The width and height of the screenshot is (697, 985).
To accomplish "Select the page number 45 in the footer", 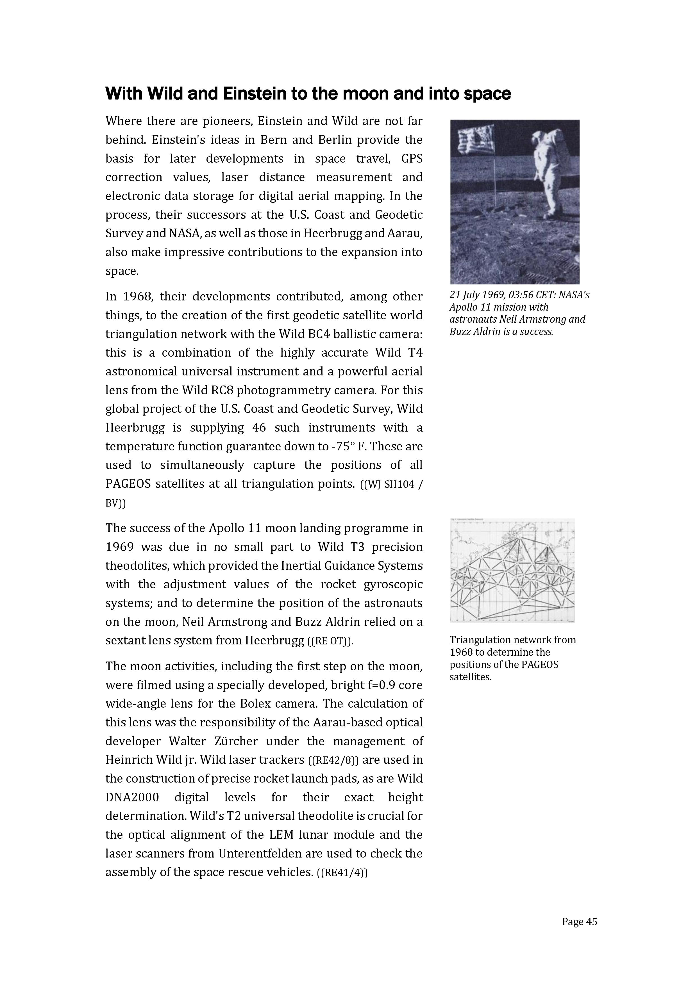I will pyautogui.click(x=591, y=922).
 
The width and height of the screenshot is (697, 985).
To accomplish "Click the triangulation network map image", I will pyautogui.click(x=512, y=570).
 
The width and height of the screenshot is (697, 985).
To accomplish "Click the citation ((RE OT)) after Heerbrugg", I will pyautogui.click(x=330, y=641).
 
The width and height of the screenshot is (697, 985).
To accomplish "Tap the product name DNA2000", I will pyautogui.click(x=132, y=797).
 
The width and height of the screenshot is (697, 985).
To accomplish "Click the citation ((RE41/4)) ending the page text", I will pyautogui.click(x=342, y=873).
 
